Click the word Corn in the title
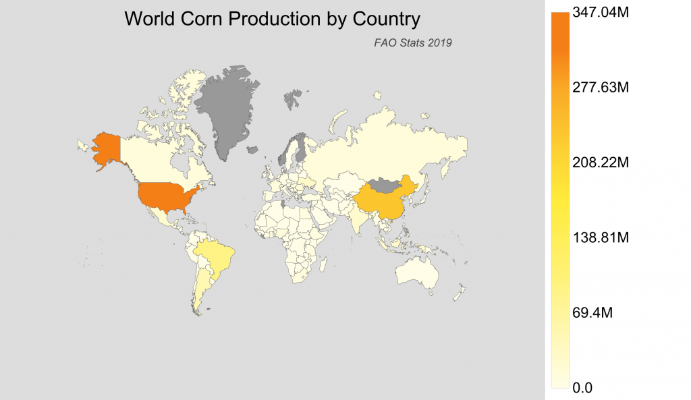click(x=203, y=19)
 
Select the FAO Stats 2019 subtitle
click(x=412, y=42)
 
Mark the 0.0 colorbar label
click(x=582, y=388)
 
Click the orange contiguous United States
click(x=167, y=196)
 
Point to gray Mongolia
click(x=385, y=183)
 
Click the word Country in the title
click(x=384, y=19)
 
